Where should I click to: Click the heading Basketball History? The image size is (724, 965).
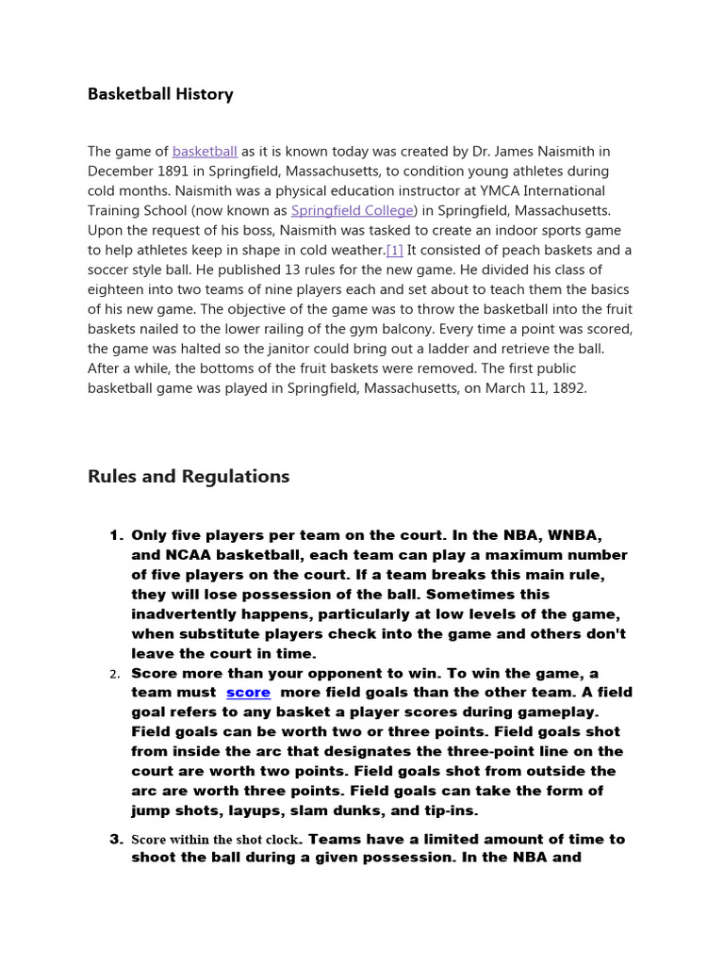click(160, 94)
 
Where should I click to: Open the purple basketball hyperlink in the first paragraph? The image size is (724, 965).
click(205, 151)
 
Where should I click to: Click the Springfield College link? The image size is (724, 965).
click(352, 210)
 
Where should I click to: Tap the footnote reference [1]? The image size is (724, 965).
click(394, 250)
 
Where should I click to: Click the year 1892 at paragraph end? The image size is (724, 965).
click(568, 388)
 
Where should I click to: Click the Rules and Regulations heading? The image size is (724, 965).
click(189, 477)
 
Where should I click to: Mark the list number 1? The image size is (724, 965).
click(116, 535)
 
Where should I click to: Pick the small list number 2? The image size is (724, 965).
click(114, 674)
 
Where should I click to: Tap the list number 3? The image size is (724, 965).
click(116, 839)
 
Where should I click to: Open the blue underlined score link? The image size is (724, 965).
click(248, 693)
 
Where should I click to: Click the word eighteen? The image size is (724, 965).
click(118, 289)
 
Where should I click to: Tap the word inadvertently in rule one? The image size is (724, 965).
click(187, 614)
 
